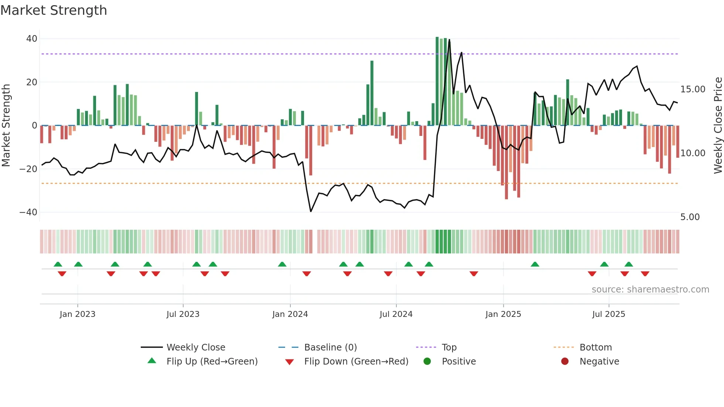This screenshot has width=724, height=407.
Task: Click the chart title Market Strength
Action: click(54, 10)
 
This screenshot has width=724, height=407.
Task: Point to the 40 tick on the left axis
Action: click(32, 39)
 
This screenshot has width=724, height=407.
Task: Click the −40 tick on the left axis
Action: click(28, 212)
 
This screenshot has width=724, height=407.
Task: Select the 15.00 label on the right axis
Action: click(693, 89)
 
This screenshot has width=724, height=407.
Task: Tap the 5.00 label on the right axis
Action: click(690, 217)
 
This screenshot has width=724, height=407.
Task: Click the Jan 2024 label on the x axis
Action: click(290, 314)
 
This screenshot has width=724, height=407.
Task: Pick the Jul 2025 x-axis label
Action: click(608, 314)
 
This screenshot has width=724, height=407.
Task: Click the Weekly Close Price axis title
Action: click(718, 126)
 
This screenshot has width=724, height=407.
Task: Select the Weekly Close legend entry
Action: click(196, 348)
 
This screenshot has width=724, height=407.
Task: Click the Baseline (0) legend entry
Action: click(330, 348)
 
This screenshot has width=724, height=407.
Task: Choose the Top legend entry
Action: click(449, 348)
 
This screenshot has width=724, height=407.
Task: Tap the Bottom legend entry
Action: click(595, 348)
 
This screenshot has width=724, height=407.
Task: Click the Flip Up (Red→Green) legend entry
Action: click(212, 362)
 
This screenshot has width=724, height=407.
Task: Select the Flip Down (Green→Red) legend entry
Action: click(356, 362)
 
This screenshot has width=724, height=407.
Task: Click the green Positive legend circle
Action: click(427, 362)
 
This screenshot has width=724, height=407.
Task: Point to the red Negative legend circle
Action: click(565, 362)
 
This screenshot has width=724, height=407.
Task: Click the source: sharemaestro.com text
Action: click(650, 290)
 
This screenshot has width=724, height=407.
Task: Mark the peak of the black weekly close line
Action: click(450, 40)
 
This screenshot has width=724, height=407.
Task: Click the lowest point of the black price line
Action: click(311, 212)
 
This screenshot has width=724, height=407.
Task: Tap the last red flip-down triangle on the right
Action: click(645, 274)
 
